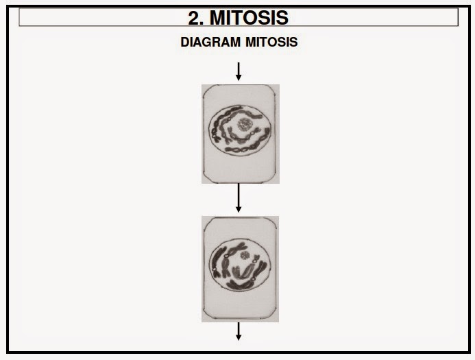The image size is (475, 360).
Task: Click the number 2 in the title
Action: pos(195,17)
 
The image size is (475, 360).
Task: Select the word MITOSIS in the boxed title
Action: pos(249,17)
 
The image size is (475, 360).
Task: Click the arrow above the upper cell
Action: pos(239,71)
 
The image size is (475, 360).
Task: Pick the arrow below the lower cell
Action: pos(239,331)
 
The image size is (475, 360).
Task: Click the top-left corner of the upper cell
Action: pos(204,86)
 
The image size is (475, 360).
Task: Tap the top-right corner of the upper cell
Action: pos(278,86)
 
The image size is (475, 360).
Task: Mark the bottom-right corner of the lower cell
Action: pos(277,320)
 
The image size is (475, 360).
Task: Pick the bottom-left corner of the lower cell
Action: pos(204,320)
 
